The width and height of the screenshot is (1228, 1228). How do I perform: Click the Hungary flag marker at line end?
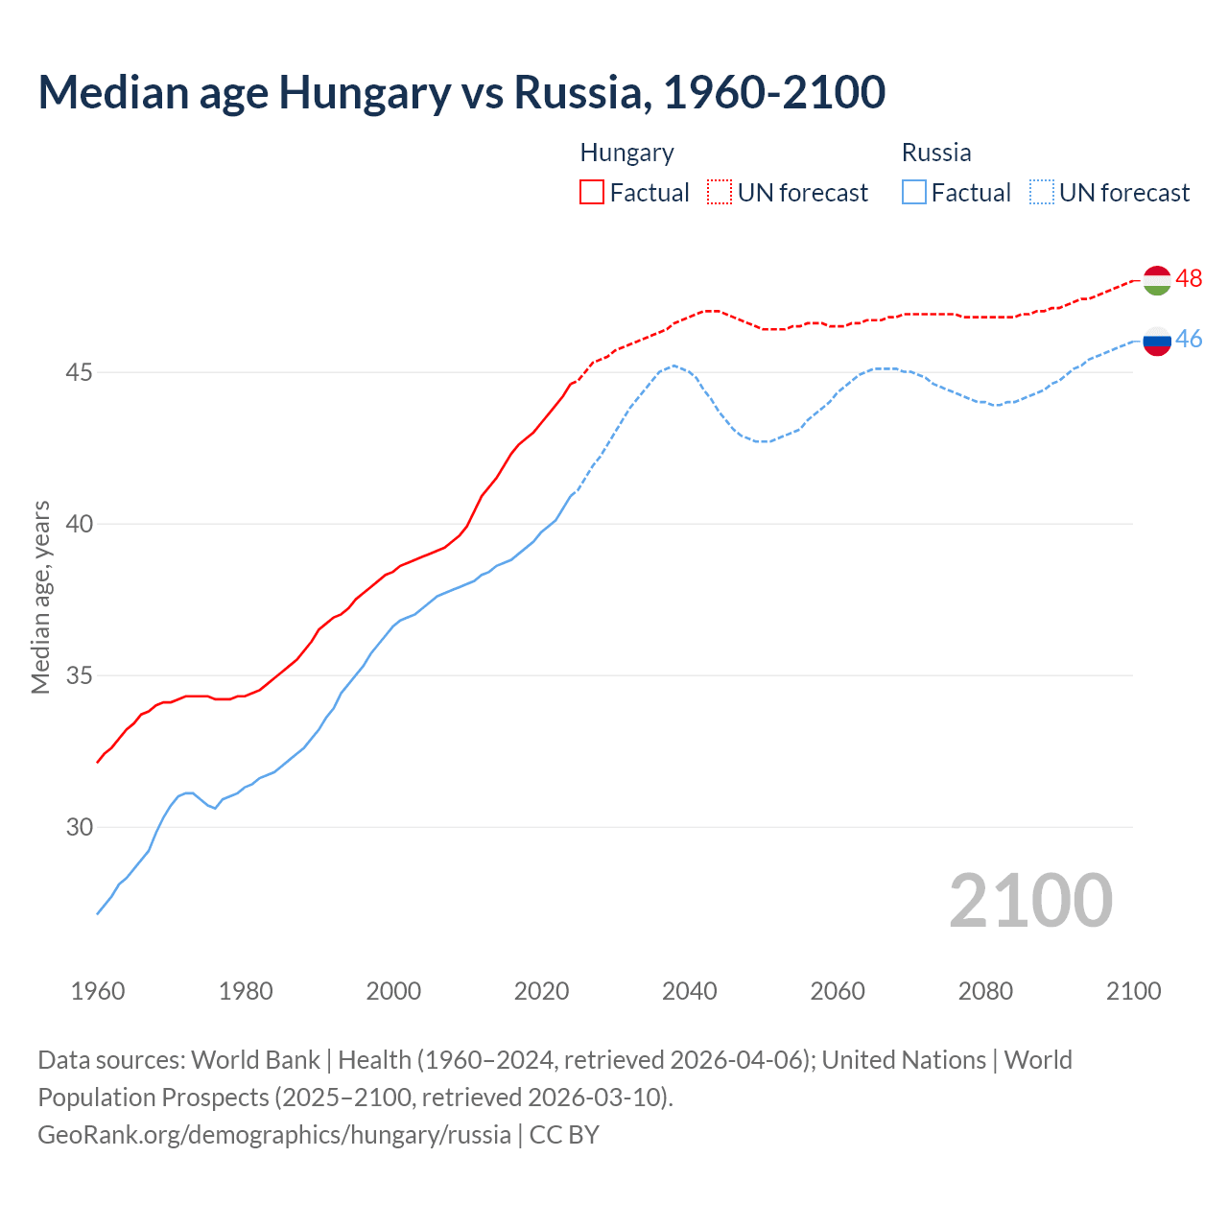pyautogui.click(x=1157, y=280)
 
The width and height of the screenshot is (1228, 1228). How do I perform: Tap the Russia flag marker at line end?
pyautogui.click(x=1157, y=341)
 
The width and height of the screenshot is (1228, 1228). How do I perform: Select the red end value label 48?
pyautogui.click(x=1189, y=278)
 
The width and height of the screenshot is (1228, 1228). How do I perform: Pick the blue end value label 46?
pyautogui.click(x=1189, y=339)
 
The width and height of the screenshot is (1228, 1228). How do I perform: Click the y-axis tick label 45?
pyautogui.click(x=79, y=372)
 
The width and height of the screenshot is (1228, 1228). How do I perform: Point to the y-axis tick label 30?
pyautogui.click(x=79, y=827)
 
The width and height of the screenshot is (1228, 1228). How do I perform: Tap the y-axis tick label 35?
pyautogui.click(x=79, y=675)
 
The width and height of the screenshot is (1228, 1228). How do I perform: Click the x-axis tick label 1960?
pyautogui.click(x=98, y=991)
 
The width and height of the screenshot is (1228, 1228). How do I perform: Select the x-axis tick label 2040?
pyautogui.click(x=689, y=991)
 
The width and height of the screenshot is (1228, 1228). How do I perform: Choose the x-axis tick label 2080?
pyautogui.click(x=985, y=991)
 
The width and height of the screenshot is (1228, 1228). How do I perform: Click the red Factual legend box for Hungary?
pyautogui.click(x=592, y=193)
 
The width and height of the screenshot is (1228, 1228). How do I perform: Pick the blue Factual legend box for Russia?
pyautogui.click(x=914, y=193)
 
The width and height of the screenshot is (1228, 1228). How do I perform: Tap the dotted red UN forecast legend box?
pyautogui.click(x=720, y=193)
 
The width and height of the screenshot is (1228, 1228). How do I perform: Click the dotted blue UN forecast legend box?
pyautogui.click(x=1042, y=193)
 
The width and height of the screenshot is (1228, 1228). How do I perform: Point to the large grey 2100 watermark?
pyautogui.click(x=1030, y=901)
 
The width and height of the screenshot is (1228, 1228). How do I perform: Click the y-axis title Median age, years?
pyautogui.click(x=40, y=597)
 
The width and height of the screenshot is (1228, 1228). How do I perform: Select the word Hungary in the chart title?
pyautogui.click(x=365, y=93)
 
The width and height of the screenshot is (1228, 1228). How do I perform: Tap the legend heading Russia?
pyautogui.click(x=936, y=153)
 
